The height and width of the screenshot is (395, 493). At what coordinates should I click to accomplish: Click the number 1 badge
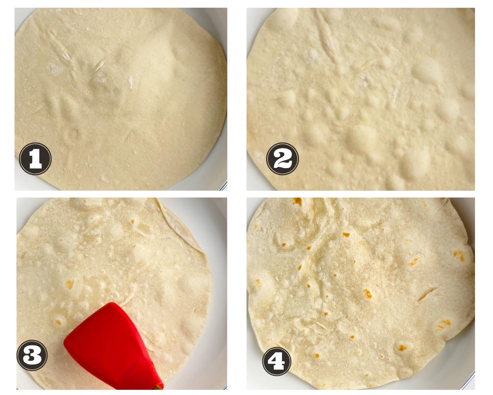pos(35,159)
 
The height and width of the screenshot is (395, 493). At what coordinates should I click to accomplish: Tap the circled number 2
pos(283,159)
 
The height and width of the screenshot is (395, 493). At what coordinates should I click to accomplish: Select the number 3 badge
pos(32,355)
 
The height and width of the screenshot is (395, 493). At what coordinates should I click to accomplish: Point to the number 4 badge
pos(276,362)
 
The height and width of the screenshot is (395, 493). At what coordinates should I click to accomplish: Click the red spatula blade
pos(108,342)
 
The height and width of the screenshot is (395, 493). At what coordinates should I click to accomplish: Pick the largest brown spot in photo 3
pos(69,284)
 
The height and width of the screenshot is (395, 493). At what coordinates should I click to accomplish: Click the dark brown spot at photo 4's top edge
pos(297,201)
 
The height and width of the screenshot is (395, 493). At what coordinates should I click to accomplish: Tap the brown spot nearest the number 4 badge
pos(317,355)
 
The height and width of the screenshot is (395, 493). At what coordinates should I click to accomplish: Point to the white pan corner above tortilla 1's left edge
pos(22,16)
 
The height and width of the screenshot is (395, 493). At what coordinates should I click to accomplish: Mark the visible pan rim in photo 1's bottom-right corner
pos(223,186)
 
